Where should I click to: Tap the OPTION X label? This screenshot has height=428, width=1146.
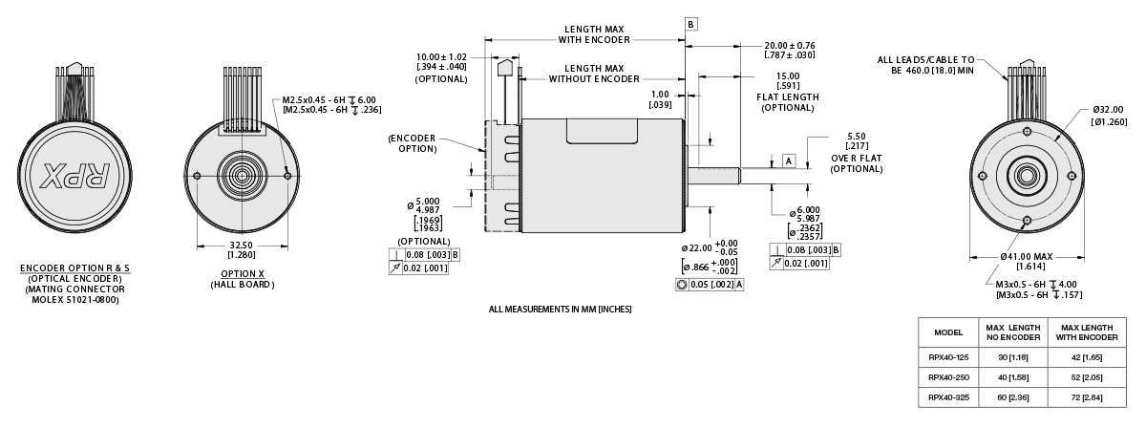tap(241, 273)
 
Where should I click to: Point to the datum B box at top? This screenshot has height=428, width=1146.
tap(691, 23)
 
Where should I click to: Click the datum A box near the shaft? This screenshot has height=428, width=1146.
tap(789, 160)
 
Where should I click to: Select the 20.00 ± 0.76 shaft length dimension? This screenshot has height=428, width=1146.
tap(789, 46)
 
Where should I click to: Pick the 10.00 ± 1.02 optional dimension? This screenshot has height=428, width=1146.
tap(442, 56)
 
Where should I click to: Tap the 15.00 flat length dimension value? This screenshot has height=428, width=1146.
tap(788, 75)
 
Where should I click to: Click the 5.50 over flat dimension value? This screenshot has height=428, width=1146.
tap(856, 137)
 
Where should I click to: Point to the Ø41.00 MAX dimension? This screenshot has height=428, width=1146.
tap(1028, 257)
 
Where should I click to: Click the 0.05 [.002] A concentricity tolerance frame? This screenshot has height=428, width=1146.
tap(709, 285)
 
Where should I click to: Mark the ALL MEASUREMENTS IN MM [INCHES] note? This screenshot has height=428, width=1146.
tap(560, 310)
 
